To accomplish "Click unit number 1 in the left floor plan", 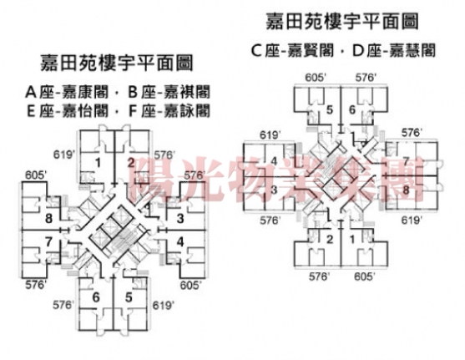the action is (x=98, y=163).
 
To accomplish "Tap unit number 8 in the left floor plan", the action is (x=48, y=219).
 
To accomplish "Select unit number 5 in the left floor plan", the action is (x=129, y=297).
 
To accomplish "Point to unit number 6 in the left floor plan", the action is (x=96, y=297).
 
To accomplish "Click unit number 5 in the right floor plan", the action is (x=330, y=109).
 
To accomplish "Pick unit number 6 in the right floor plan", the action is (x=352, y=109).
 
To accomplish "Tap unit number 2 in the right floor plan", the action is (x=330, y=239).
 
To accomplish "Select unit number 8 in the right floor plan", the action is (x=406, y=190).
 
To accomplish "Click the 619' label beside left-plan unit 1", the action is (x=64, y=155).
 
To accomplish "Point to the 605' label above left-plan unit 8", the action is (x=36, y=175).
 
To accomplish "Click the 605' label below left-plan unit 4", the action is (x=191, y=285).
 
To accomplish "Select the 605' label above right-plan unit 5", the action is (x=316, y=78).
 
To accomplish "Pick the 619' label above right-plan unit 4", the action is (x=270, y=135).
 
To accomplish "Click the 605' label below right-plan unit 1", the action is (x=365, y=276).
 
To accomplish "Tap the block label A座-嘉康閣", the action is (x=67, y=92).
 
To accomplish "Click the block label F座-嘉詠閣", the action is (x=169, y=111).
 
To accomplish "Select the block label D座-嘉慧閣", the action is (x=394, y=50).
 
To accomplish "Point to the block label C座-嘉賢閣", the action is (x=292, y=50).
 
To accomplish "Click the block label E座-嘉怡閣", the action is (x=68, y=111).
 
